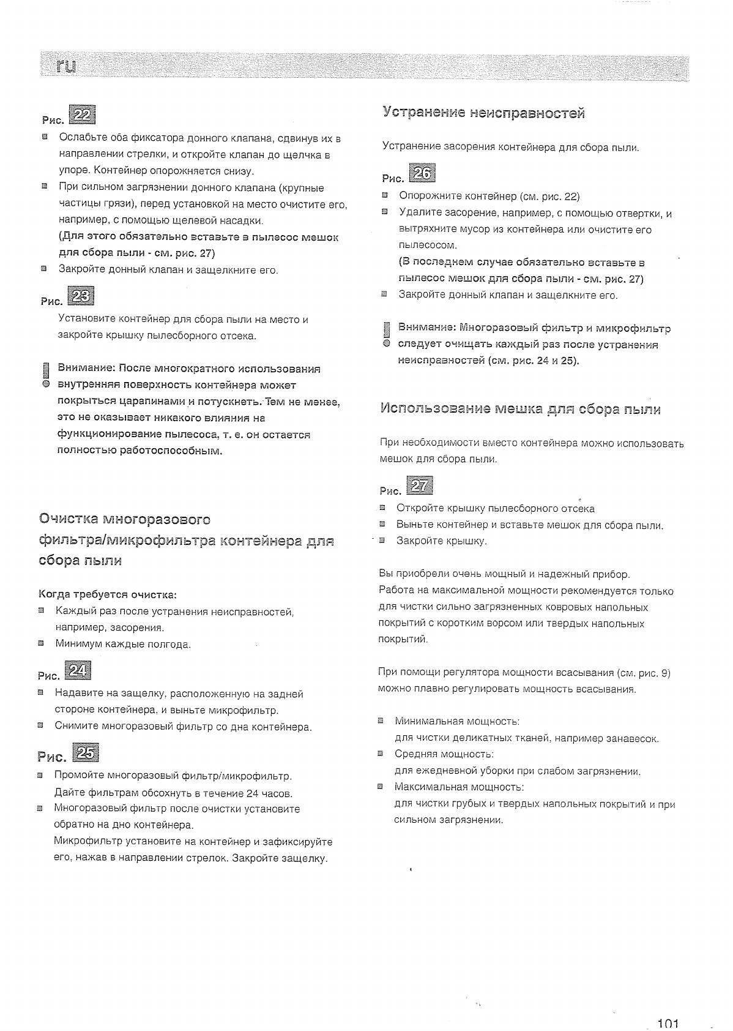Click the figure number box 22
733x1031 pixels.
(83, 115)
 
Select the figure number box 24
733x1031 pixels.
(78, 671)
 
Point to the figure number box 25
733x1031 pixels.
(84, 752)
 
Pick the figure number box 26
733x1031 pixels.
(423, 174)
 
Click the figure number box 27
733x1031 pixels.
(420, 486)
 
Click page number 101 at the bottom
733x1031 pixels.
(668, 1023)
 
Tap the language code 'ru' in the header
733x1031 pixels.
(65, 66)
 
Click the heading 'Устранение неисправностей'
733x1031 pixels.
(483, 113)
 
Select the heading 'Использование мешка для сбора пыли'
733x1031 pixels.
(520, 409)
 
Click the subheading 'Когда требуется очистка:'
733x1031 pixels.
(108, 594)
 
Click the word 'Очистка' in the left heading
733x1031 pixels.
(68, 520)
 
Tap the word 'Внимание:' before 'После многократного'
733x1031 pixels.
(86, 369)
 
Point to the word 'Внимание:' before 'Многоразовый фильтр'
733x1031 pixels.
(426, 328)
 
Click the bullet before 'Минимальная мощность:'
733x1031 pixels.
(381, 721)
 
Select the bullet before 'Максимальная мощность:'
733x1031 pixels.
(381, 786)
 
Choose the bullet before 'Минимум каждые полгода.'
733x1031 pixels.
(41, 643)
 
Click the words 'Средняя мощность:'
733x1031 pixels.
(444, 754)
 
